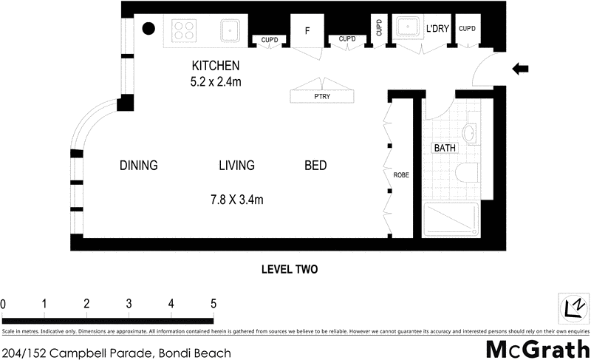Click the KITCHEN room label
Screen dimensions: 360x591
tap(216, 65)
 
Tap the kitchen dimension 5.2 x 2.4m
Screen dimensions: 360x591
tap(216, 81)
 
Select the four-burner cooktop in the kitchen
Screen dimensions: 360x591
tap(184, 30)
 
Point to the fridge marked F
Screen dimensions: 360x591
tap(307, 32)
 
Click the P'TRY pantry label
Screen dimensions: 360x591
tap(322, 97)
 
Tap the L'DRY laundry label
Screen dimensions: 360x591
tap(437, 30)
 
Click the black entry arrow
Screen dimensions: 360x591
tap(521, 69)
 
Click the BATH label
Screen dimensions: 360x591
tap(445, 148)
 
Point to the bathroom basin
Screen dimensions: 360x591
tap(471, 134)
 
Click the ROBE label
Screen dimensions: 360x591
tap(401, 175)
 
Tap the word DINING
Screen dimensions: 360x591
tap(139, 166)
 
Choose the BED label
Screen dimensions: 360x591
tap(315, 166)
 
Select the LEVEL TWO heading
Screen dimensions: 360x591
tap(290, 270)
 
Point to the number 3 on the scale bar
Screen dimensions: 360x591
tap(129, 303)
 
